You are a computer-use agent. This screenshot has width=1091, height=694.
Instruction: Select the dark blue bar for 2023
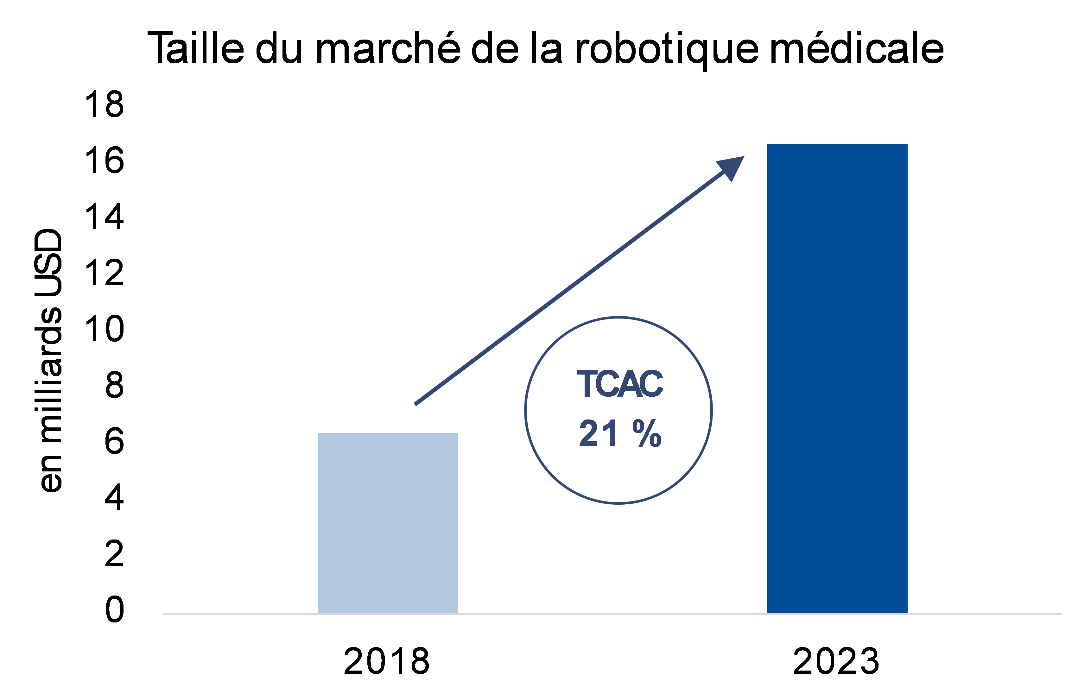pos(837,379)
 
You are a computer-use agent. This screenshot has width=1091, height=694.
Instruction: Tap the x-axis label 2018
pos(386,662)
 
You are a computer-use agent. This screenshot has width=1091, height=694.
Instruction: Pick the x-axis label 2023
pos(836,662)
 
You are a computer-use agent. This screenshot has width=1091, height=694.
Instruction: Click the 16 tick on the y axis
pos(104,161)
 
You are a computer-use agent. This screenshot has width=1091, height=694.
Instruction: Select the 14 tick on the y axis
pos(104,217)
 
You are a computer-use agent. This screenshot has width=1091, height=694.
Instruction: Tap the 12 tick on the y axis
pos(104,273)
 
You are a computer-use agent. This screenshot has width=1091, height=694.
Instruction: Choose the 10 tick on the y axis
pos(104,329)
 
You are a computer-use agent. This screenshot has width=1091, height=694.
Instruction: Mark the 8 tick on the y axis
pos(114,386)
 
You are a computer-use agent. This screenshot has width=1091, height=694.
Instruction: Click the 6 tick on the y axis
pos(114,442)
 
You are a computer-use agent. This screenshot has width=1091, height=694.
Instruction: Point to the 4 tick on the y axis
pos(114,498)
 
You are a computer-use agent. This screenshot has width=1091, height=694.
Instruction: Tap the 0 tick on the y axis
pos(114,610)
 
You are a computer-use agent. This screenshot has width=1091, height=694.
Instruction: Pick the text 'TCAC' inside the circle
pos(619,384)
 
